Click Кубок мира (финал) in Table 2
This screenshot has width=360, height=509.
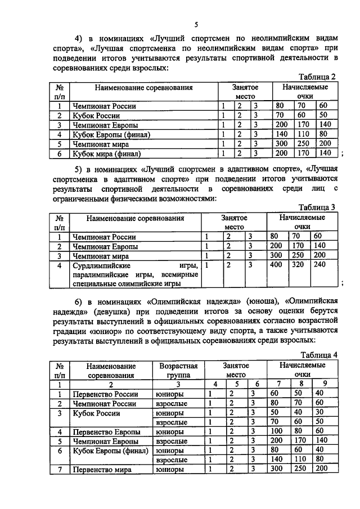(x=106, y=153)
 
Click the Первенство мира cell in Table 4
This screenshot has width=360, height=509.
(x=103, y=470)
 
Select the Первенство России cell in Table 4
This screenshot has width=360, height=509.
(x=106, y=394)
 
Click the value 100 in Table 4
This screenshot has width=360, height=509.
(x=276, y=431)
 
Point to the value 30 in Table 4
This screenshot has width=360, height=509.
(x=320, y=413)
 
